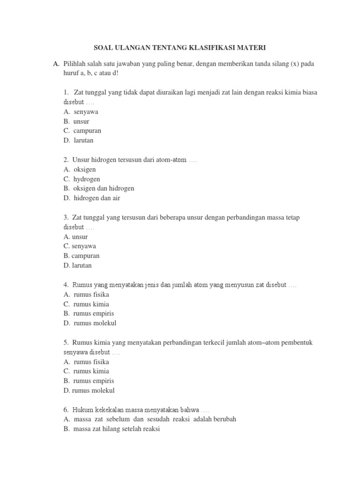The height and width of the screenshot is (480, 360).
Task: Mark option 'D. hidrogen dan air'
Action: pos(92,198)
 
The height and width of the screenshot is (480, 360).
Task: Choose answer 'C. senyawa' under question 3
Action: pos(80,246)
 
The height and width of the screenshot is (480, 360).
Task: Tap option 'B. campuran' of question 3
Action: pos(81,256)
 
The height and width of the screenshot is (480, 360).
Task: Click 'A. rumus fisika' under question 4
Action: pos(86,294)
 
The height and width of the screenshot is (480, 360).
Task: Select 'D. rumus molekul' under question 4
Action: pos(90,323)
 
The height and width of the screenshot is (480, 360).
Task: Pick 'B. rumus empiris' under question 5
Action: pos(89,381)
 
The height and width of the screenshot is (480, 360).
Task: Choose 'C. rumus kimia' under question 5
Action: pos(86,371)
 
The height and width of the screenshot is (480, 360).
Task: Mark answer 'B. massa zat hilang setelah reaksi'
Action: pos(112,428)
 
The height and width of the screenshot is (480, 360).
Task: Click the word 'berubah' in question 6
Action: pos(225,419)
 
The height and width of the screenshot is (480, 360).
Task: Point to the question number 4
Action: pos(66,285)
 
